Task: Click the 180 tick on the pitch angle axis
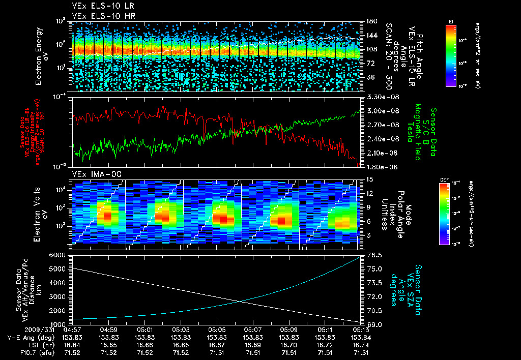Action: [x=370, y=21]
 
